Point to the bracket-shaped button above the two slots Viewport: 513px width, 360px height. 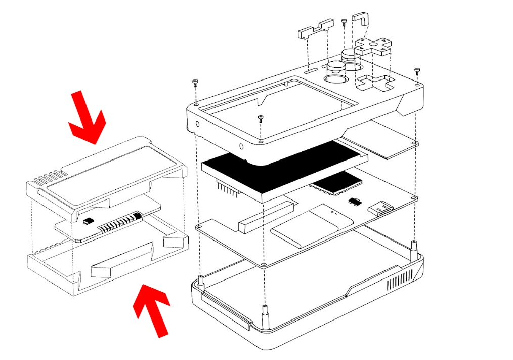coord(315,29)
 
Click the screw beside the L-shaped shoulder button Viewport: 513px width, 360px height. coord(344,22)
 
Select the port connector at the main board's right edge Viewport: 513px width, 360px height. coord(382,208)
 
